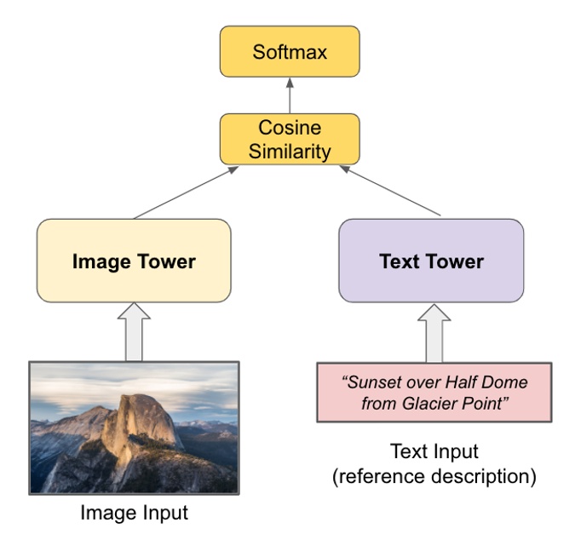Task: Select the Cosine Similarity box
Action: (x=290, y=140)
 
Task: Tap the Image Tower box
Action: (x=134, y=261)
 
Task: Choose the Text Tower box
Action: (x=431, y=261)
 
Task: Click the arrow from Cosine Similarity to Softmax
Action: (x=290, y=95)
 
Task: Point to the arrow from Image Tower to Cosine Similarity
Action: (x=183, y=193)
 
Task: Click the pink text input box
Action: (x=434, y=393)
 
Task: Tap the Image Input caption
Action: (x=134, y=514)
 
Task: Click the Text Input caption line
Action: (x=434, y=451)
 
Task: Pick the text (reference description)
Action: (x=434, y=476)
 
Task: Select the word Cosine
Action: (x=290, y=129)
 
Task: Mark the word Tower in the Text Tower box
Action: (x=457, y=261)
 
